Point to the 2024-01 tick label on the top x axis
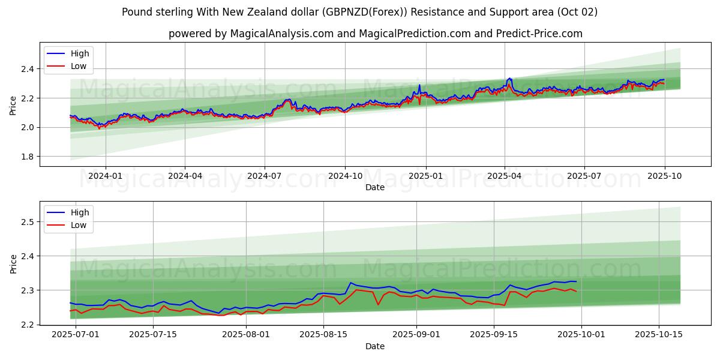[x=106, y=176]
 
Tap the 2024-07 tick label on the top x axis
[x=265, y=176]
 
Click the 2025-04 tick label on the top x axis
[x=504, y=176]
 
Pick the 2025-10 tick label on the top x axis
[x=664, y=176]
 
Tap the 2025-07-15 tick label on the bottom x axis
[x=153, y=334]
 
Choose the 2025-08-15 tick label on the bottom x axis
[x=323, y=334]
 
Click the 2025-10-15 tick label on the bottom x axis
[x=659, y=334]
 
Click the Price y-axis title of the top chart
[x=13, y=105]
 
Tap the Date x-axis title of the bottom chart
[x=375, y=346]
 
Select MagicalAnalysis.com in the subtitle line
[x=283, y=34]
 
